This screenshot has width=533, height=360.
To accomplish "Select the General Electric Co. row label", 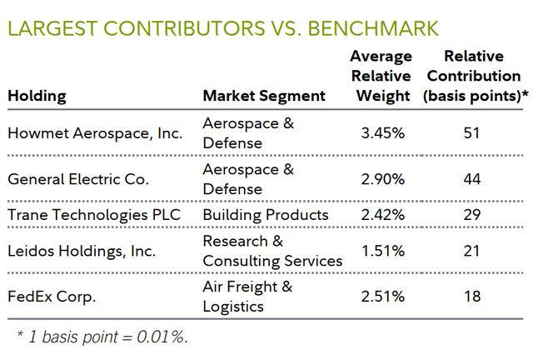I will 78,178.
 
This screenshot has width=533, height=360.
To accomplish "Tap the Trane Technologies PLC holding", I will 94,215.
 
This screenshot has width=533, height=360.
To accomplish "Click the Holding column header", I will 37,96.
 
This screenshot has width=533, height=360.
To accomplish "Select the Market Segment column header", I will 264,96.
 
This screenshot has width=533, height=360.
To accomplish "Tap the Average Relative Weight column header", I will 382,76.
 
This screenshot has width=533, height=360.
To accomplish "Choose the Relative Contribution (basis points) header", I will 473,76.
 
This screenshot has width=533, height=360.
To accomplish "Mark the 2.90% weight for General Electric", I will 382,178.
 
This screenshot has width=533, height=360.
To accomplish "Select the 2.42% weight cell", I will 382,215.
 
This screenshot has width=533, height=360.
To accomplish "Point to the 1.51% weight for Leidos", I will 382,251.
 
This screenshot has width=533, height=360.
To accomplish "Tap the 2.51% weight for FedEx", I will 382,297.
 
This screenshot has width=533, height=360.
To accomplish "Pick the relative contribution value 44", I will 473,178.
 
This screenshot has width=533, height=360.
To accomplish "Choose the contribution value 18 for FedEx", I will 473,297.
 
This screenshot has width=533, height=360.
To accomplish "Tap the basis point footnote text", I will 102,337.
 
